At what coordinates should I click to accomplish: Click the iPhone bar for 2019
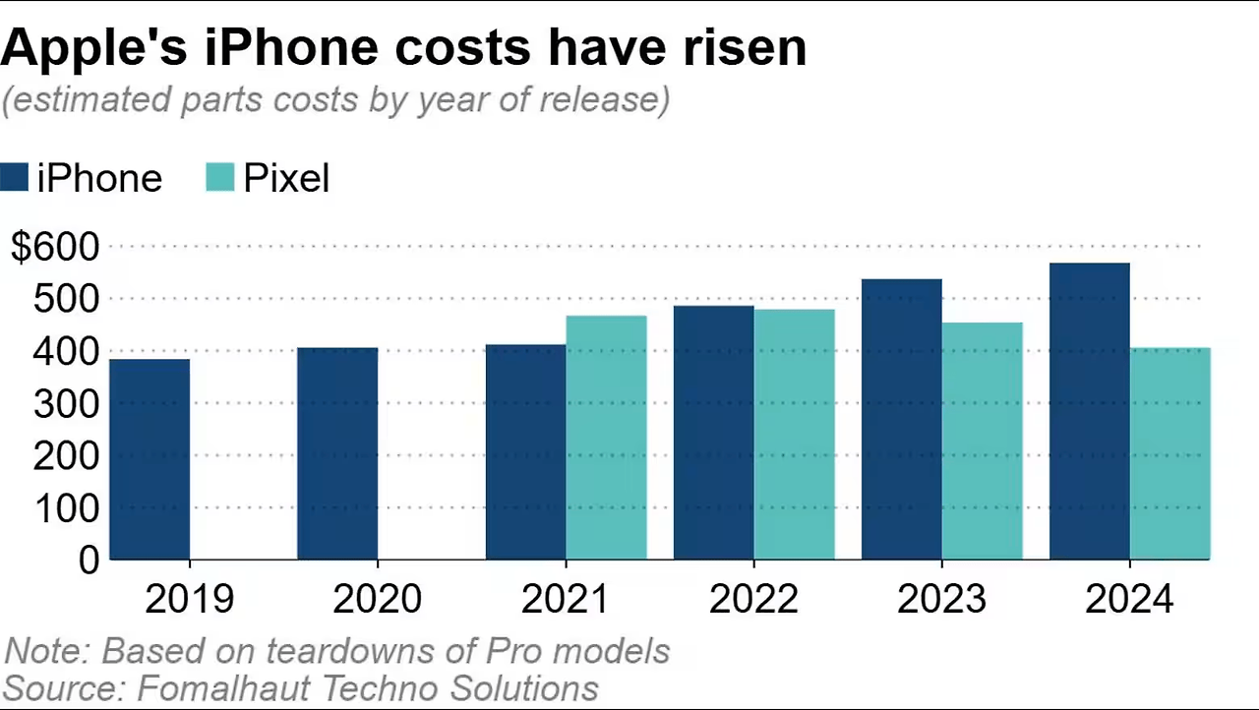150,459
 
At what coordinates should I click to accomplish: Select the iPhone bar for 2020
337,453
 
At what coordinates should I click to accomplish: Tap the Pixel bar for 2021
606,438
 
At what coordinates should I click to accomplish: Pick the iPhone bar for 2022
713,433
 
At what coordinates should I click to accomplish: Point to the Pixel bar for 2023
982,441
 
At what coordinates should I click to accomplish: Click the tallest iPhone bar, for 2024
1089,411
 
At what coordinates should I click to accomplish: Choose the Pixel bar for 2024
1169,453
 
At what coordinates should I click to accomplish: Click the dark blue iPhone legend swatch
15,178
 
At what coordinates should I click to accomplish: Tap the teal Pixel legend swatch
220,178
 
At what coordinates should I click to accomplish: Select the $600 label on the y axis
55,247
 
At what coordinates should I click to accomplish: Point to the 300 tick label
66,403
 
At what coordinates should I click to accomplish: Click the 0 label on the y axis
89,561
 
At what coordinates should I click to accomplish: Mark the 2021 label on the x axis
566,599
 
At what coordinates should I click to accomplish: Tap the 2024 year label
1129,599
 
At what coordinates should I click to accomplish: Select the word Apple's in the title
93,47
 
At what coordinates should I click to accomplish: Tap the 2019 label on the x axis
189,599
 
